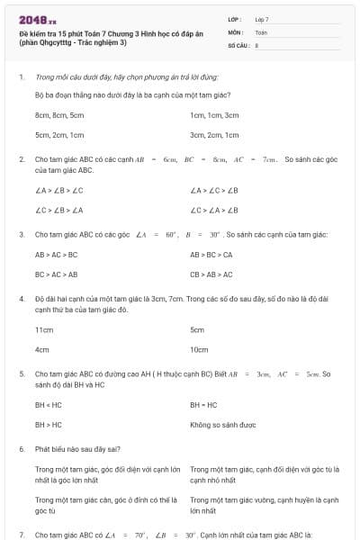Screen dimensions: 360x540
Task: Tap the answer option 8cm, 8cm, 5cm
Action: coord(59,115)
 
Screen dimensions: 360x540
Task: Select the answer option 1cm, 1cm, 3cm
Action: coord(214,115)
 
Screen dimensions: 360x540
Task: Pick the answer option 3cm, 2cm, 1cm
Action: coord(214,135)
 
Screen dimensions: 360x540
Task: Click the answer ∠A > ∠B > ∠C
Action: coord(59,190)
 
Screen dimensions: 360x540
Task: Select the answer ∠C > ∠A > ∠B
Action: coord(214,210)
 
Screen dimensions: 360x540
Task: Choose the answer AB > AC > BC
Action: coord(56,255)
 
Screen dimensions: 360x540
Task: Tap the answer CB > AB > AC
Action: coord(211,274)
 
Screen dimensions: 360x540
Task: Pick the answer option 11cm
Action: coord(44,329)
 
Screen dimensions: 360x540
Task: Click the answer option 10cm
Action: coord(199,349)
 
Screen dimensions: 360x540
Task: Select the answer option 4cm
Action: coord(42,349)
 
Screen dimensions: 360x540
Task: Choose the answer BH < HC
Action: coord(49,405)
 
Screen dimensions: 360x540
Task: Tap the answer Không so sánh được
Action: coord(223,424)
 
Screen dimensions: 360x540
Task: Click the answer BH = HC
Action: coord(203,405)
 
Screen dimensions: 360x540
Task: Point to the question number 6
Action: coord(22,447)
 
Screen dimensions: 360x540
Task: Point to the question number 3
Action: coord(22,234)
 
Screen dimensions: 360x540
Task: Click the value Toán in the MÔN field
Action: coord(261,31)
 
